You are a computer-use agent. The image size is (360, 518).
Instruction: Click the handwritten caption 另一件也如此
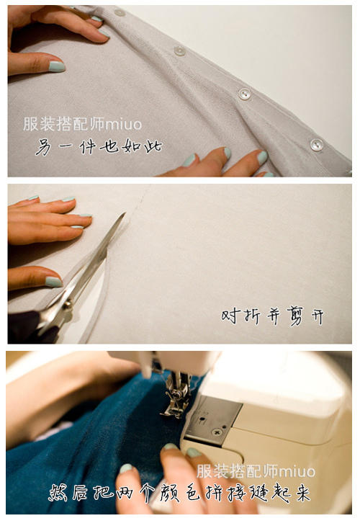99,146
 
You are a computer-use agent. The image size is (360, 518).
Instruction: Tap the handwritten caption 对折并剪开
272,316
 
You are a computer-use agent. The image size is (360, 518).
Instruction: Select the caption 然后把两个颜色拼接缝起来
179,494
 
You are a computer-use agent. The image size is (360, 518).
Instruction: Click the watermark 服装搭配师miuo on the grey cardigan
83,124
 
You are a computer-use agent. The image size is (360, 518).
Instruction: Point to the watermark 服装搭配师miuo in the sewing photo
256,471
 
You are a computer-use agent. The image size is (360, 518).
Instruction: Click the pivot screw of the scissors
68,304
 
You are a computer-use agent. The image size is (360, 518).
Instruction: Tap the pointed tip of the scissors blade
125,213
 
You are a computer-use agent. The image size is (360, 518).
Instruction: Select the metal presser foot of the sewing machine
176,395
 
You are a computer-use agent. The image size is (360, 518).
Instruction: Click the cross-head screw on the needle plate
217,432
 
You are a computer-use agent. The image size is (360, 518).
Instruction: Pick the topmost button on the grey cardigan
119,12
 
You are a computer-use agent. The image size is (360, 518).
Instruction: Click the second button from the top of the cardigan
179,50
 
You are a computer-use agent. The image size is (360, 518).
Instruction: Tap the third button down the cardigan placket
244,94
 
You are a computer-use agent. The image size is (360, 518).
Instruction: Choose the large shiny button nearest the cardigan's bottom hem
317,144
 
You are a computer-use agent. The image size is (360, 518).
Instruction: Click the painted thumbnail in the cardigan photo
56,66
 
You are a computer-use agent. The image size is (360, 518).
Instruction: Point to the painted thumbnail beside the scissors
53,282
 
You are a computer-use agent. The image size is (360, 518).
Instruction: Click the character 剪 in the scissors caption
294,316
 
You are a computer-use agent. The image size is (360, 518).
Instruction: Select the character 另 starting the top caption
44,147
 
